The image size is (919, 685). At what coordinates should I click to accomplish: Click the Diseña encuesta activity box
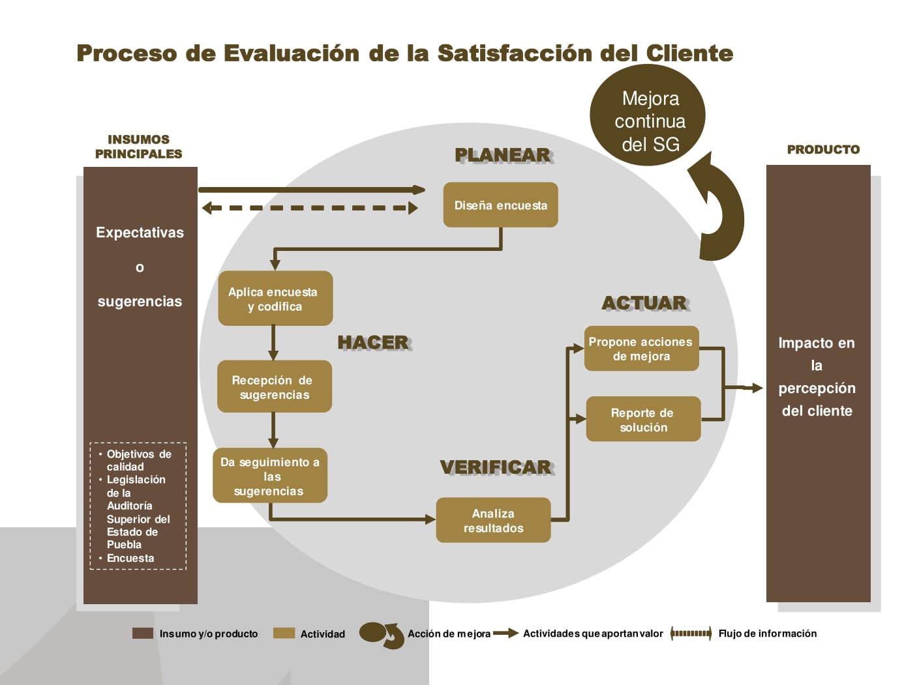click(500, 205)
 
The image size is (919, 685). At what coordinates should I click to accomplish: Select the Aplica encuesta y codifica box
click(275, 298)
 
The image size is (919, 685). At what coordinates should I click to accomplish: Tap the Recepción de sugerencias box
click(274, 386)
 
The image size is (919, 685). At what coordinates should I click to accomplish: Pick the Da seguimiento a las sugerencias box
click(270, 476)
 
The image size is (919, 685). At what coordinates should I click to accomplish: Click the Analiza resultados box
click(493, 520)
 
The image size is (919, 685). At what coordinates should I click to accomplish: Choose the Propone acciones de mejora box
click(641, 348)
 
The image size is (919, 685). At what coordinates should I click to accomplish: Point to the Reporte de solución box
click(643, 419)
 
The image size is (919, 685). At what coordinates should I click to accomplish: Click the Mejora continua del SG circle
click(647, 115)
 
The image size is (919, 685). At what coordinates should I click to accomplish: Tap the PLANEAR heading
click(504, 156)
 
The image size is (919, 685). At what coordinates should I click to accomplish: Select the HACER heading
click(374, 343)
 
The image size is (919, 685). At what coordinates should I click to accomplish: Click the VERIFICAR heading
click(497, 467)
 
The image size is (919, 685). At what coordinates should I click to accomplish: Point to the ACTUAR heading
click(646, 303)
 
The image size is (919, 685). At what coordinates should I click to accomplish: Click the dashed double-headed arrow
click(310, 208)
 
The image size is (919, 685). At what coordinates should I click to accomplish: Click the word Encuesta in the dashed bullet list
click(130, 558)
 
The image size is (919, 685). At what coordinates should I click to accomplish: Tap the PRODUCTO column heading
click(823, 149)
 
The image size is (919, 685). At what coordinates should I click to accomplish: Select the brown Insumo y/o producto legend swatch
click(143, 633)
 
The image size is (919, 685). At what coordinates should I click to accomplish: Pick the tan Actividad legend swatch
click(284, 633)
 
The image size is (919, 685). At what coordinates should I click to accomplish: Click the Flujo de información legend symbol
click(691, 633)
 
